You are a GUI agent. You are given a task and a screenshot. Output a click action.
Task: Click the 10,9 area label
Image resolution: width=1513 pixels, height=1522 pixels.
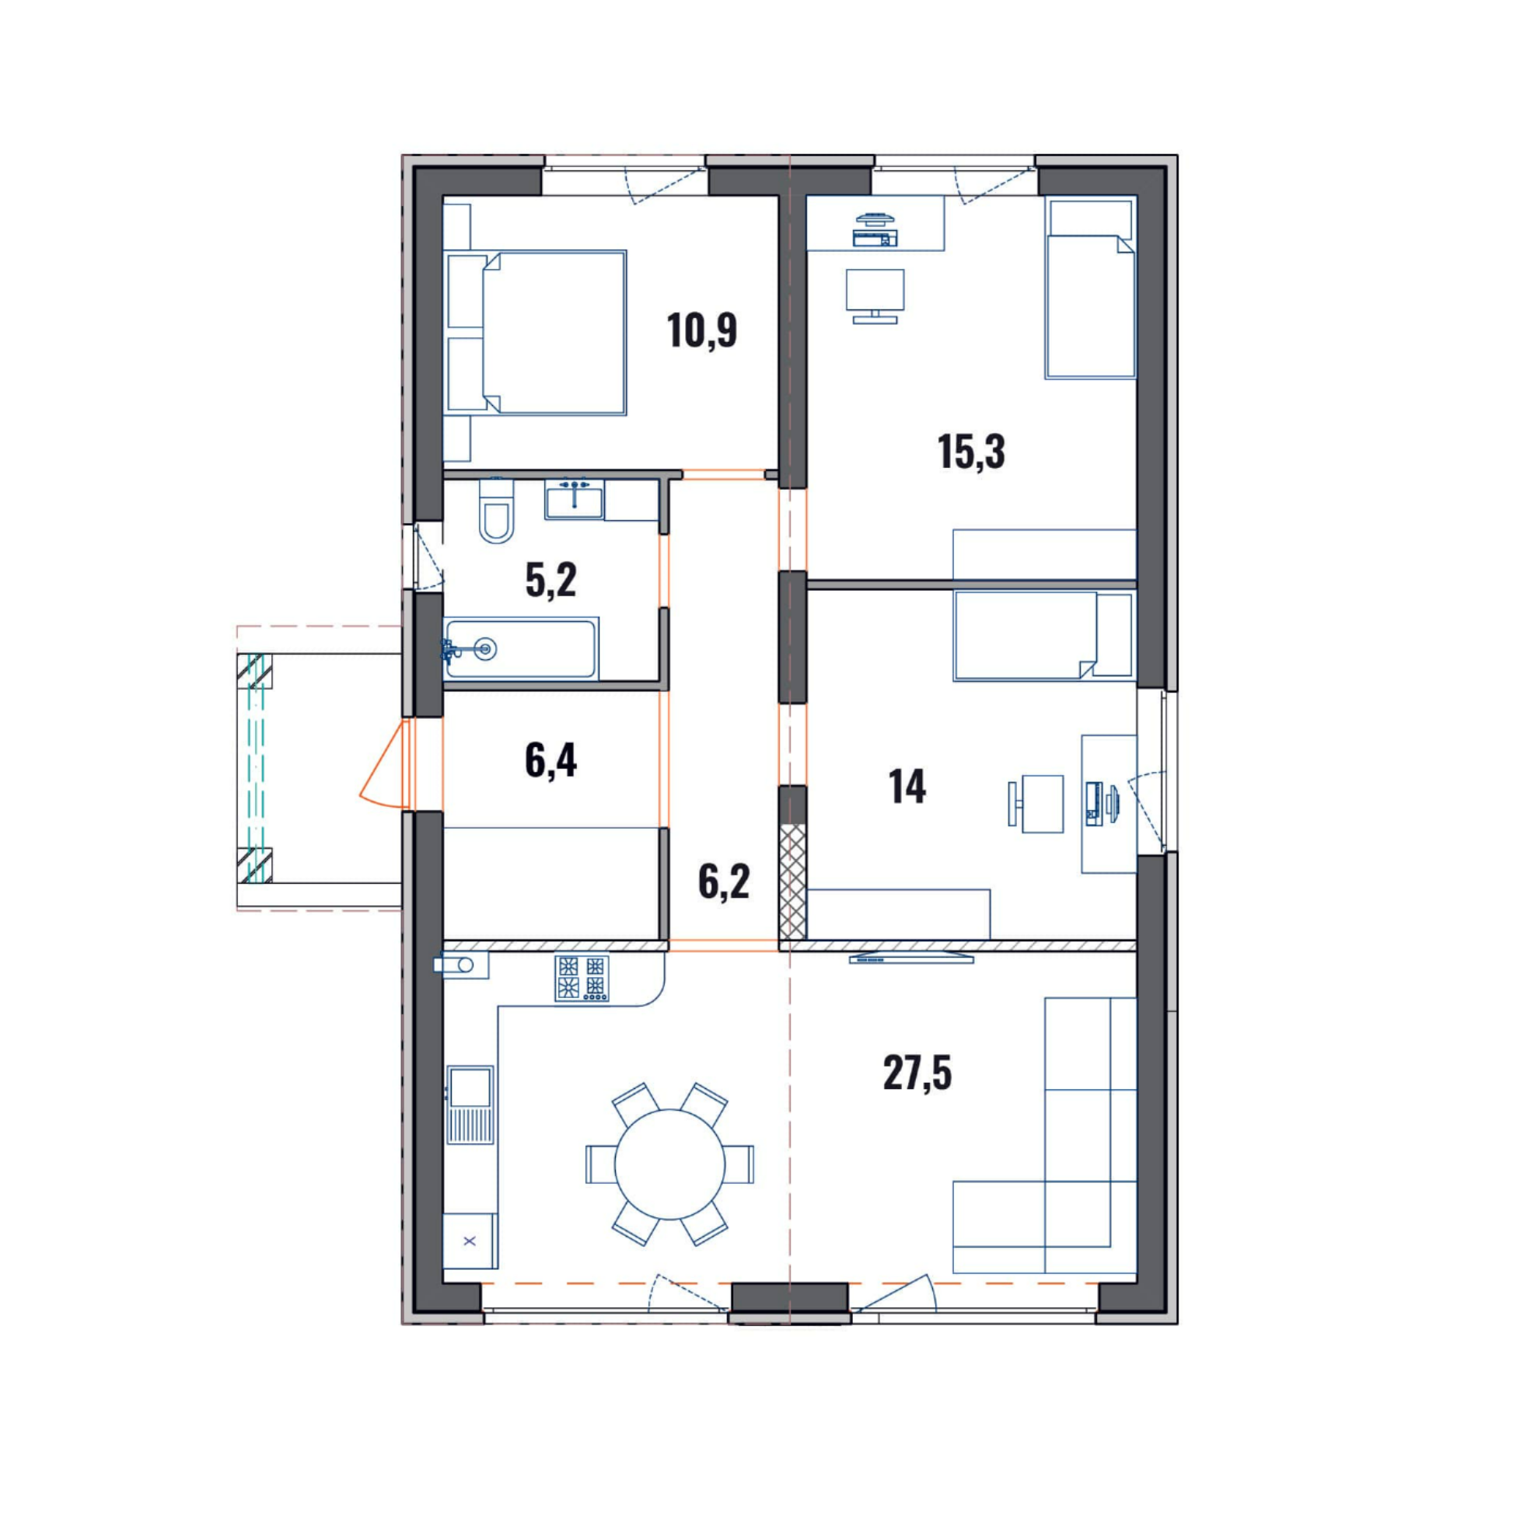click(x=702, y=330)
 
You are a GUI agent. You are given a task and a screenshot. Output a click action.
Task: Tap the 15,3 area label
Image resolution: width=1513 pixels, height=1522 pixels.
click(x=972, y=452)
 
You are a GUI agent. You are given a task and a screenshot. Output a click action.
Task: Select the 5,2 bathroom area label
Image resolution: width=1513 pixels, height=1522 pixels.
click(x=550, y=580)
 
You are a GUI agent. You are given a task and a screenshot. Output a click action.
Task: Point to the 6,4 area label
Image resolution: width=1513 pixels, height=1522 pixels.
click(x=550, y=761)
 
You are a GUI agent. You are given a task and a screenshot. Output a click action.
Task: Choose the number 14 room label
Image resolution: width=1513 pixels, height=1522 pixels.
click(x=907, y=786)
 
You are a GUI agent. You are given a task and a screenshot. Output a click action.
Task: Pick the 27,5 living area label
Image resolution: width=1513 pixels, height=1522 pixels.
click(x=917, y=1073)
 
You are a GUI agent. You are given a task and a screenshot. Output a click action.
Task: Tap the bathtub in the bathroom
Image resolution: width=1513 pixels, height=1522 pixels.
click(x=519, y=649)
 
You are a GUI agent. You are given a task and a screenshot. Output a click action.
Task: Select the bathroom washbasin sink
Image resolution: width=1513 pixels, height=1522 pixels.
click(x=575, y=500)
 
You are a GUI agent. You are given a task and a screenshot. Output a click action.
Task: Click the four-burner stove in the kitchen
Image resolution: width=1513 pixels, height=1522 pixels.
click(x=582, y=979)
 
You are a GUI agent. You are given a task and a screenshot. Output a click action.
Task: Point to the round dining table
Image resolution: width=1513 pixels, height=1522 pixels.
click(x=670, y=1164)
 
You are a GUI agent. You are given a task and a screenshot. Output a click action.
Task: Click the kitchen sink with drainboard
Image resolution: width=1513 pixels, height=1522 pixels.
click(x=470, y=1105)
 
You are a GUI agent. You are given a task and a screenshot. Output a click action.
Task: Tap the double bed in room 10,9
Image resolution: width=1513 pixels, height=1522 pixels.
click(x=536, y=333)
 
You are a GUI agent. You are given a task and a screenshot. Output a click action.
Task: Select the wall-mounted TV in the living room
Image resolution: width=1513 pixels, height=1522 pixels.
click(x=912, y=958)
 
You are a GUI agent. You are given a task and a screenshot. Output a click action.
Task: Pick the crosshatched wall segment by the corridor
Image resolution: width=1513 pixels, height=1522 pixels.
click(x=793, y=881)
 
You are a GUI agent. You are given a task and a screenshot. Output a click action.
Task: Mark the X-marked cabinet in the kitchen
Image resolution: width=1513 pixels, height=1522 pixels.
click(x=470, y=1241)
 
